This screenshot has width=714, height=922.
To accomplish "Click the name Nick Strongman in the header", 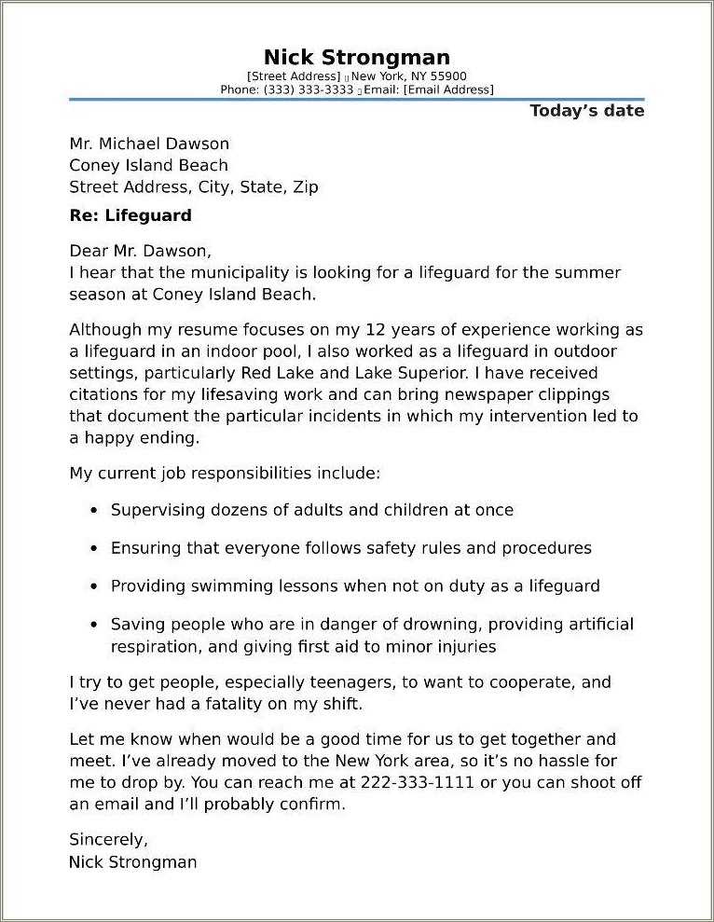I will click(357, 58).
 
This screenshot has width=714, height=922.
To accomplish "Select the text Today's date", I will click(586, 111).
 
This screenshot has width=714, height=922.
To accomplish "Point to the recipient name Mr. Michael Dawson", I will click(149, 144).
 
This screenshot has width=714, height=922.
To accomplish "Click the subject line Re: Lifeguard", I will click(130, 215).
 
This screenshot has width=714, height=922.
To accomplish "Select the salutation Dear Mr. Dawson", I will click(141, 251).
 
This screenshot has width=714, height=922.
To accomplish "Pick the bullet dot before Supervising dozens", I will click(94, 511).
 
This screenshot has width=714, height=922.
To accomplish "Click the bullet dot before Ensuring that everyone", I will click(94, 549).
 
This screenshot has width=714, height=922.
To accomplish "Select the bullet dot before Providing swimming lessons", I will click(94, 587).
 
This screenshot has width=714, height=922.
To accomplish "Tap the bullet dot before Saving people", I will click(94, 626).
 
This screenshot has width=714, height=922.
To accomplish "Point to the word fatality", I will click(233, 704).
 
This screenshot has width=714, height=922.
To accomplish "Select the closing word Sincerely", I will click(108, 839).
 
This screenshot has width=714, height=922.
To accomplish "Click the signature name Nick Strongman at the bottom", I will click(133, 862).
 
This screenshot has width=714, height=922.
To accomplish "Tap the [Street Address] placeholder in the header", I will click(294, 76).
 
